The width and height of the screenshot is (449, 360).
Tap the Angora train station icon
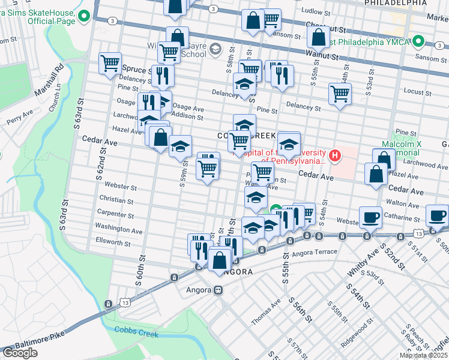(x=218, y=290)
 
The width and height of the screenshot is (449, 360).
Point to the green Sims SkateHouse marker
(x=85, y=17)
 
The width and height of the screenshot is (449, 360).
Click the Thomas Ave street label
(x=266, y=313)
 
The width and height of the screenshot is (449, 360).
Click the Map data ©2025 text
(x=423, y=355)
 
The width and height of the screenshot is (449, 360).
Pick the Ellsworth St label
(x=113, y=243)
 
